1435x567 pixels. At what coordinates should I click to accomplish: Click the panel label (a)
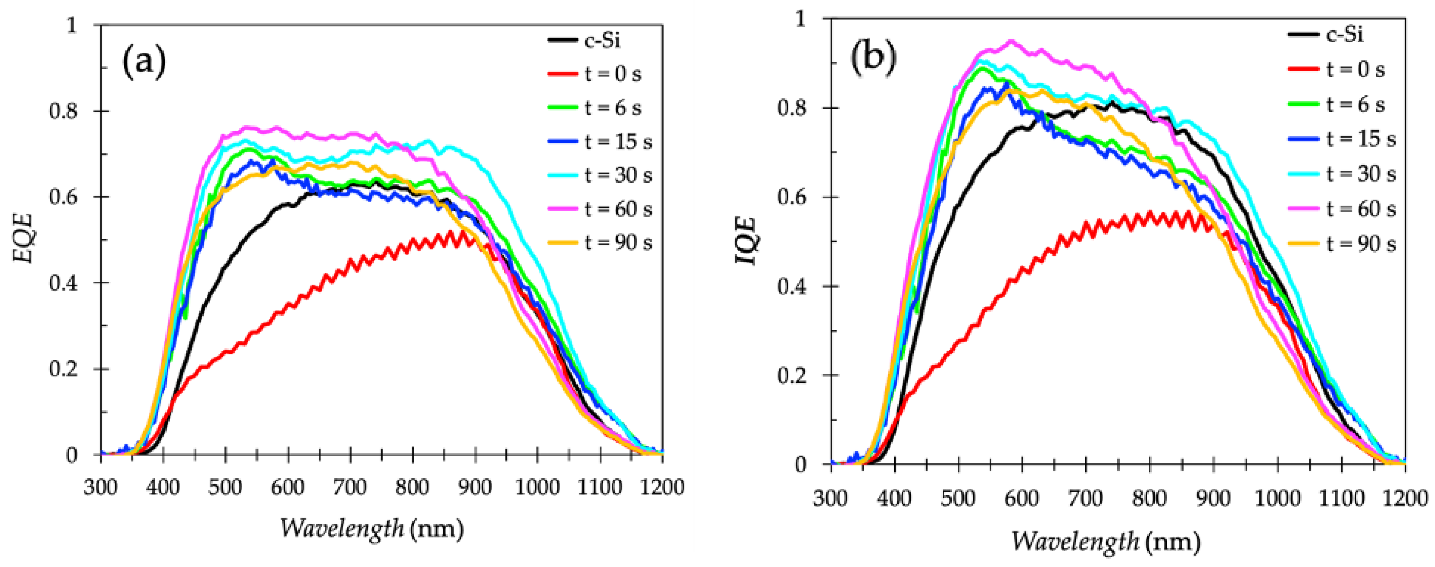[144, 62]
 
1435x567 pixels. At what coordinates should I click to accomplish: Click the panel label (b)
[872, 57]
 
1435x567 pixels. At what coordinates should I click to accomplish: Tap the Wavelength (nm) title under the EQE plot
[372, 528]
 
